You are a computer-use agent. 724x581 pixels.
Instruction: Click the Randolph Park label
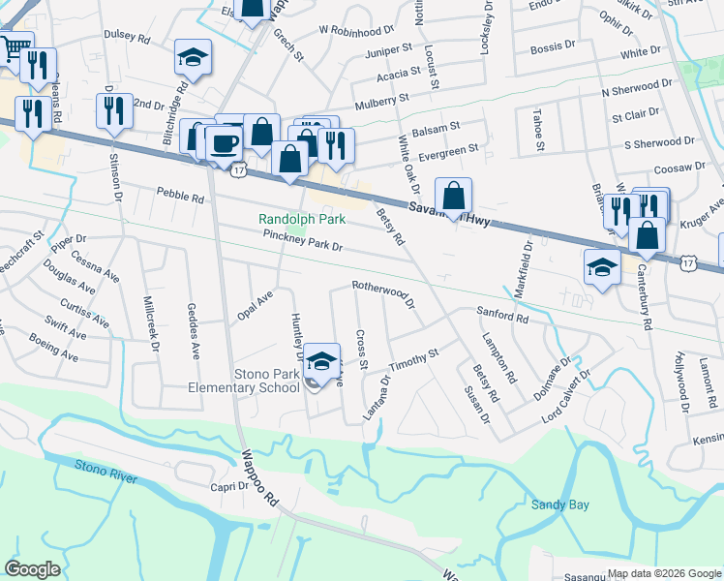302,220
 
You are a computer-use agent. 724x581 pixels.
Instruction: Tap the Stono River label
106,470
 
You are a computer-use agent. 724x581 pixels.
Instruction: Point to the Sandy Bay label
559,505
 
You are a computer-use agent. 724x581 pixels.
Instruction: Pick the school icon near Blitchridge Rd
193,58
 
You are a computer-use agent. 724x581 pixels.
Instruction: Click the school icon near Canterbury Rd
602,267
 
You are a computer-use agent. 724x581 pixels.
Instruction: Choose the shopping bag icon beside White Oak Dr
452,197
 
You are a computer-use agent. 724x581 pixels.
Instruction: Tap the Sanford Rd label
501,315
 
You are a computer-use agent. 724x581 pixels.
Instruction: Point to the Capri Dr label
230,487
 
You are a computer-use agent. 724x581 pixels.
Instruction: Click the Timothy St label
414,359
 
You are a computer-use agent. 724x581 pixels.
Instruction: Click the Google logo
33,569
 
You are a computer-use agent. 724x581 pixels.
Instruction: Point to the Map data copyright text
662,573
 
